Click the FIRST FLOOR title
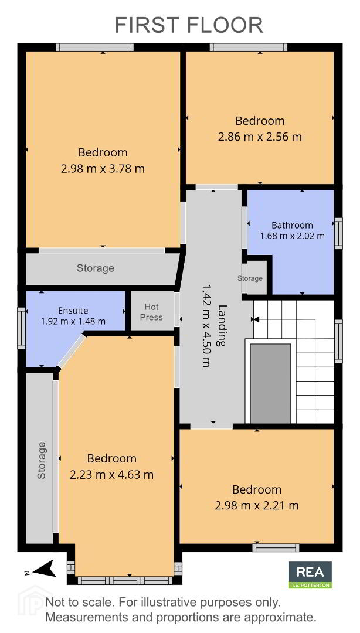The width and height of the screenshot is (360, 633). tap(189, 25)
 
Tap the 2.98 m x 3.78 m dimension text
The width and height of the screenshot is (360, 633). tap(103, 168)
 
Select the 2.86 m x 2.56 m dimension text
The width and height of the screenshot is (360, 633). tap(260, 137)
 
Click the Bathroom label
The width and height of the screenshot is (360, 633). tap(292, 225)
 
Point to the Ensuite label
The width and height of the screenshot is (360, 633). tap(73, 311)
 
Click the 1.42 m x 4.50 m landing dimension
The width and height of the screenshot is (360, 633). tap(206, 324)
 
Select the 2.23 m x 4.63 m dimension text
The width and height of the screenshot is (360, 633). tap(111, 474)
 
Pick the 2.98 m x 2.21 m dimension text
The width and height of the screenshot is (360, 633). tap(257, 505)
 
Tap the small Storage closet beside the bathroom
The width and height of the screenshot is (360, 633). tap(254, 278)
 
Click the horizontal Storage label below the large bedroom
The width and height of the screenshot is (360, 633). tap(96, 268)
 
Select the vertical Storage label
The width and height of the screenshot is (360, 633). tap(41, 461)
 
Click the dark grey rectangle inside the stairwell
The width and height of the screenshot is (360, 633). tap(270, 383)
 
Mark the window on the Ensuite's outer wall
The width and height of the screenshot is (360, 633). tap(22, 328)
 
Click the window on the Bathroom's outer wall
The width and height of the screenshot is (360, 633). tap(338, 233)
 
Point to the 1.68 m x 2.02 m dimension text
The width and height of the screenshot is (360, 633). tap(292, 236)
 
